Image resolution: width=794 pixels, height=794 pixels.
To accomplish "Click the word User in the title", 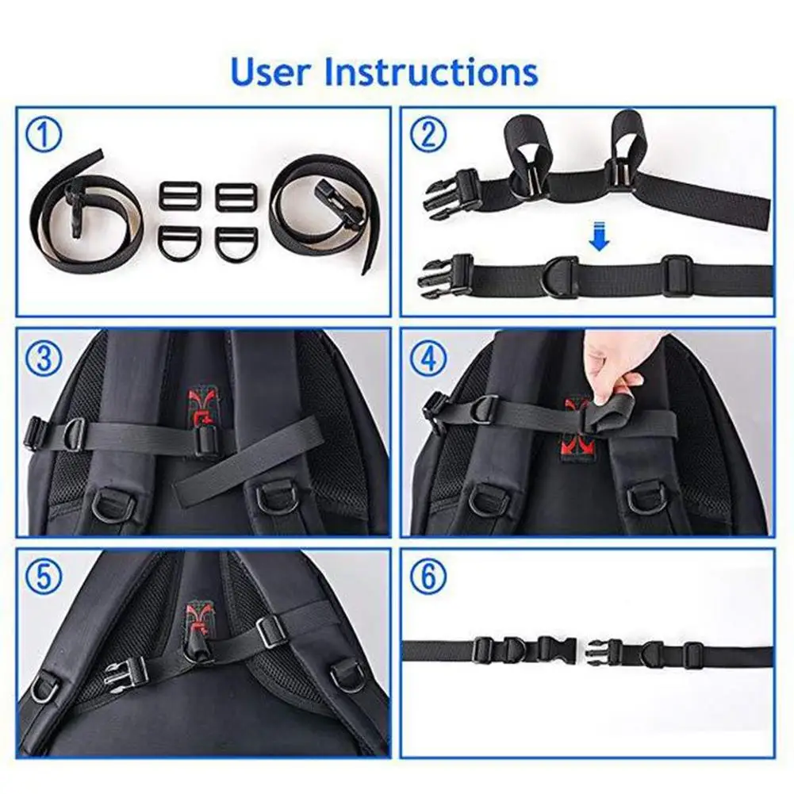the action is click(x=270, y=72).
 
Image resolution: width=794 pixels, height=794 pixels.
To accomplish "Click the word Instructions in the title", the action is click(x=431, y=72).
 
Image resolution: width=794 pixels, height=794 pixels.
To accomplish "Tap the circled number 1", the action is click(x=44, y=134).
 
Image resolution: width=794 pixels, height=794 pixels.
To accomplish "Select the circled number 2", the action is click(x=428, y=134).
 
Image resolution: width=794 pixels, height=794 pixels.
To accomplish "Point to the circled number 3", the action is click(x=44, y=358).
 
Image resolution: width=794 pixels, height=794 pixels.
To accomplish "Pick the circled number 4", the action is click(x=428, y=358).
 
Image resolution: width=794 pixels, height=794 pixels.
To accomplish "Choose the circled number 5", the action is click(x=44, y=576).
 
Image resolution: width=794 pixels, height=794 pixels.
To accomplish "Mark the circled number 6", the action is click(x=428, y=576).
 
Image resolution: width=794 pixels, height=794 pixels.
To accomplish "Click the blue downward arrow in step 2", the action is click(x=600, y=236).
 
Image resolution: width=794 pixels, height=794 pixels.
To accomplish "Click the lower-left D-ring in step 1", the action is click(x=180, y=240).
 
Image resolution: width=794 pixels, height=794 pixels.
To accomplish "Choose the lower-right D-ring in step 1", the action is click(x=236, y=241).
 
